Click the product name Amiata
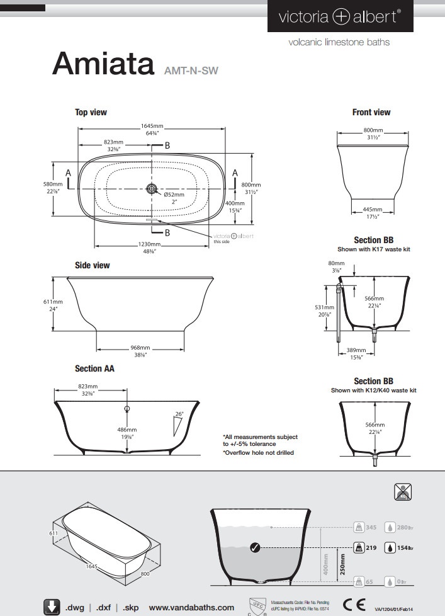103,63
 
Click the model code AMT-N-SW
191,71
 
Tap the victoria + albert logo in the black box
339,18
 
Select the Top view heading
91,112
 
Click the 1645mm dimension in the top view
152,126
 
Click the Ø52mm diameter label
174,195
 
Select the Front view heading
371,112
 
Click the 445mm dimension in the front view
373,210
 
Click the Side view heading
93,265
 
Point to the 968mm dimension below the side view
140,348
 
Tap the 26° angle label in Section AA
179,414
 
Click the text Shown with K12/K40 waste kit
373,391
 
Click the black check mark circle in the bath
254,547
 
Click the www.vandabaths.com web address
191,608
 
